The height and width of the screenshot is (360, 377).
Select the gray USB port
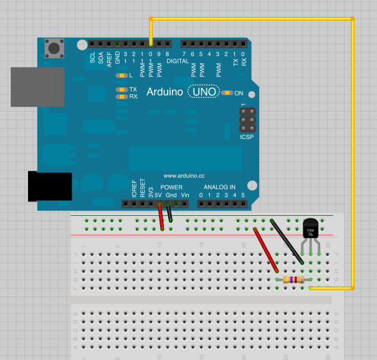tap(37, 86)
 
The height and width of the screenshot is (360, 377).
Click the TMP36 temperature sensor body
tap(310, 230)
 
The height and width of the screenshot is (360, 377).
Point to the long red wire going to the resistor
tap(267, 250)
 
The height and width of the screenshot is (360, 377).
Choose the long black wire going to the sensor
tap(287, 241)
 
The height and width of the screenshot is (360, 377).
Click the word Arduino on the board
tap(165, 92)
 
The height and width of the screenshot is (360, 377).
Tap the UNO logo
tap(204, 92)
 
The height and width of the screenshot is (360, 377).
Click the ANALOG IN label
tap(219, 187)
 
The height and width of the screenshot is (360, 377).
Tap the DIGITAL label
tap(178, 61)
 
